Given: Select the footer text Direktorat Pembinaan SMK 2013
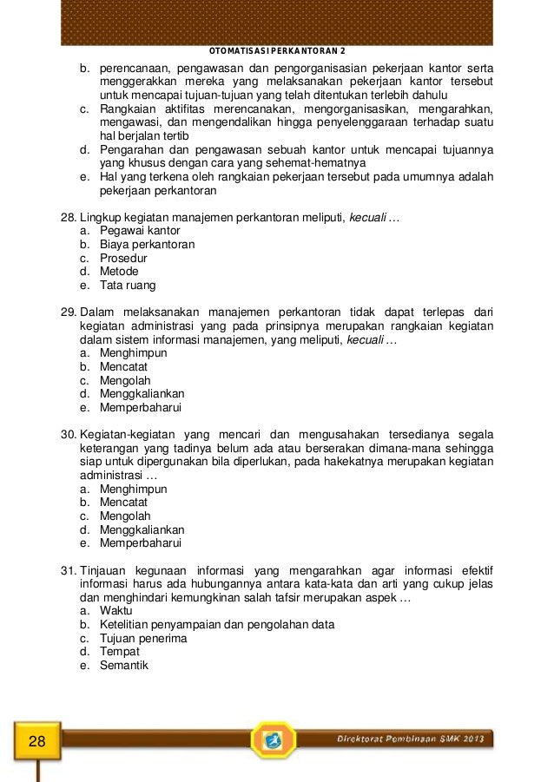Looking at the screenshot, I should click(412, 739).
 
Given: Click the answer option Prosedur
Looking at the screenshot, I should click(123, 258).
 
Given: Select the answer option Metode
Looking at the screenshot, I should click(119, 272).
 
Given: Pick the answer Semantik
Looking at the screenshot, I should click(124, 666).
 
